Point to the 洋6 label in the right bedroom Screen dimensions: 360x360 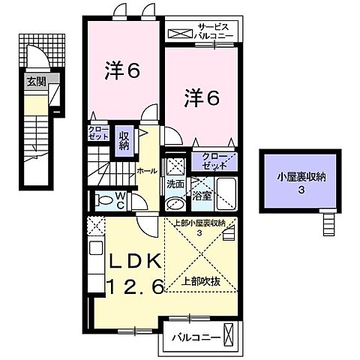tap(201, 97)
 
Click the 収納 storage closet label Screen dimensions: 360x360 tap(124, 141)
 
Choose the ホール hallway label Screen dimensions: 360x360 tap(147, 171)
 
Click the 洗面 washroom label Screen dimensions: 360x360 tap(175, 184)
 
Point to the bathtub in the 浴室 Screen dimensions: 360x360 tap(225, 194)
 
